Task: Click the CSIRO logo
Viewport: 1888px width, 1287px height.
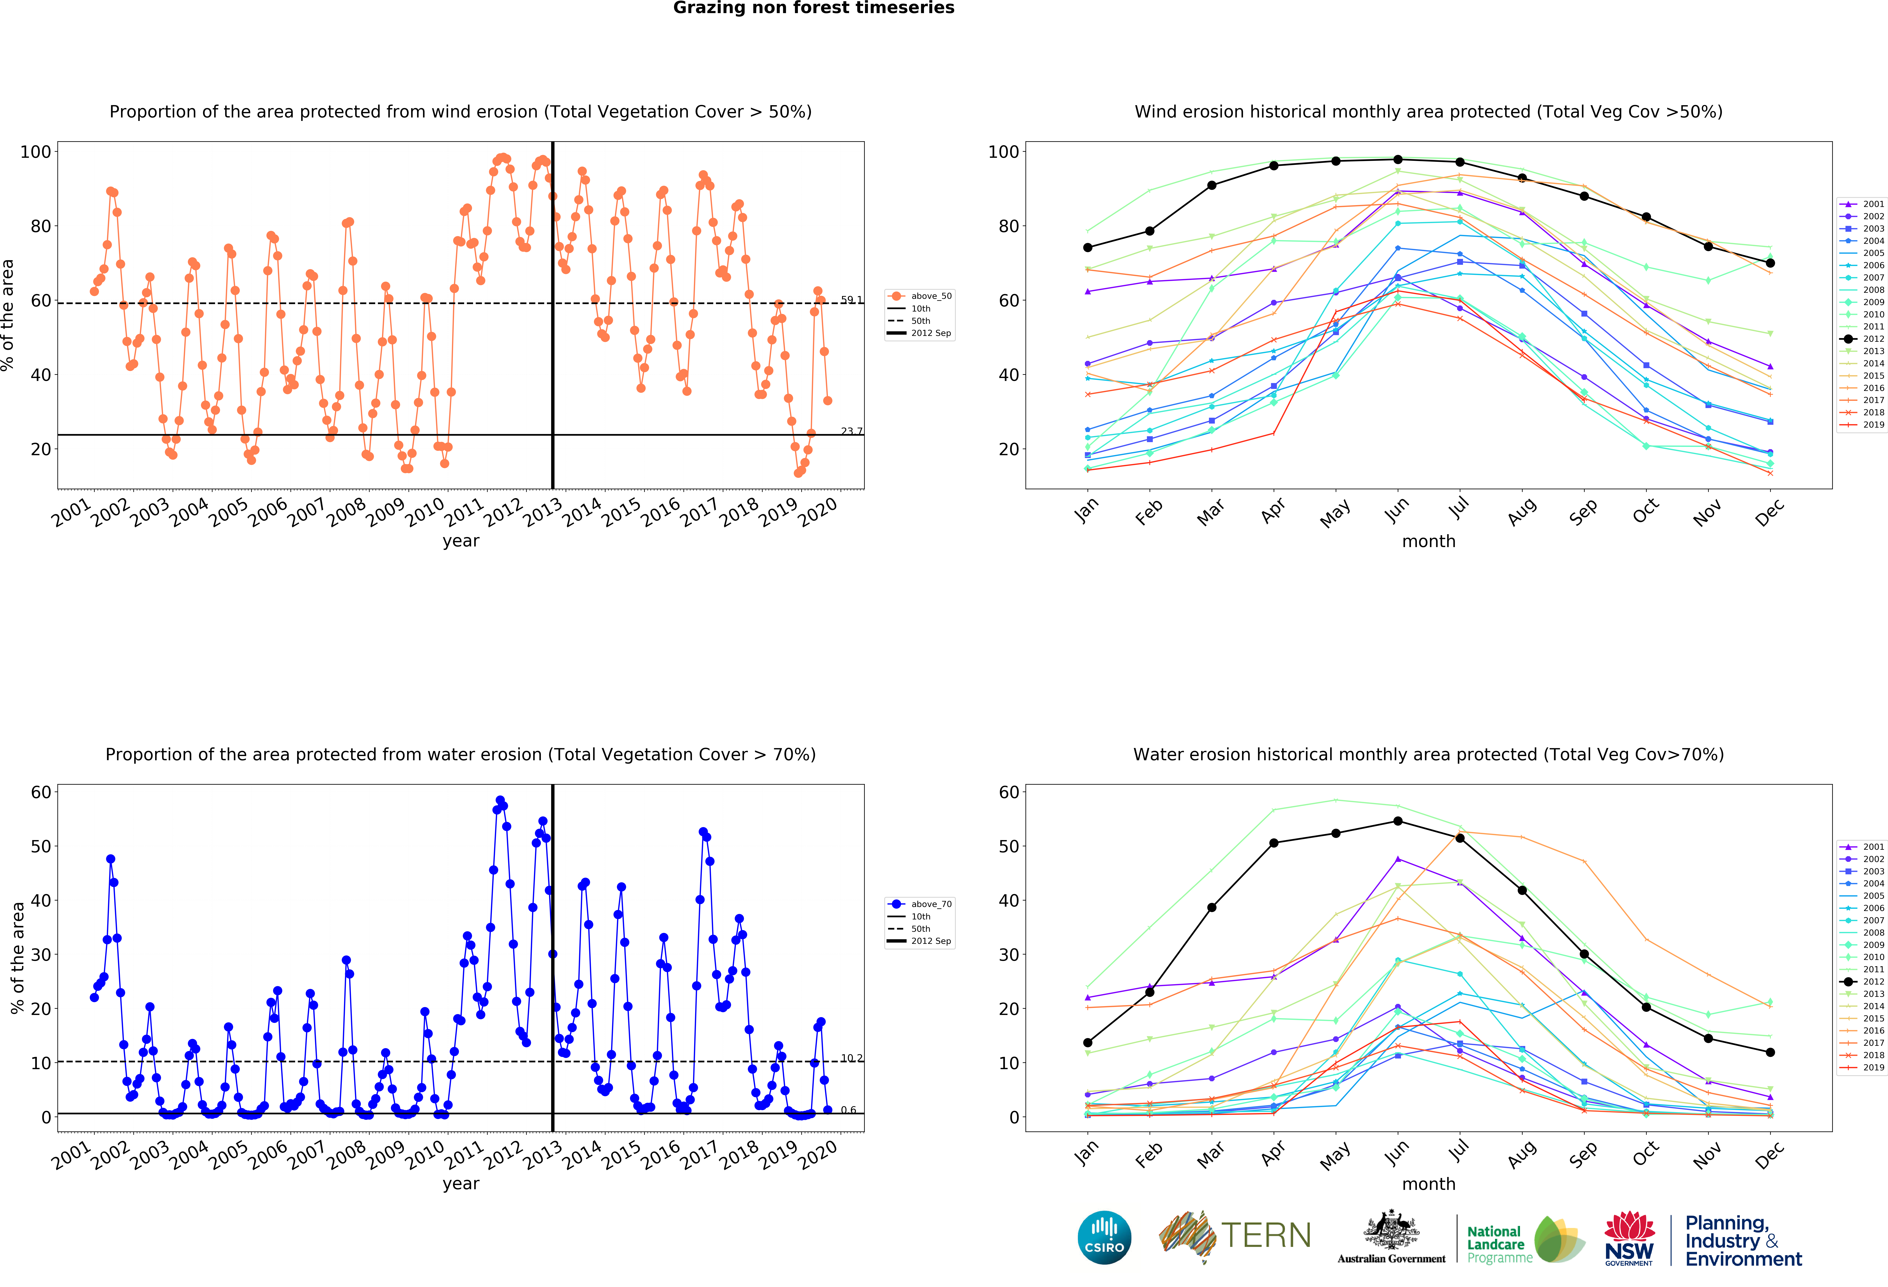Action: tap(1104, 1237)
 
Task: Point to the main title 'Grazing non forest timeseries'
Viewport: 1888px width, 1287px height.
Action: tap(813, 8)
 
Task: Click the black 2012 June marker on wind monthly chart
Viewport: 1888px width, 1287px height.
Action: tap(1397, 159)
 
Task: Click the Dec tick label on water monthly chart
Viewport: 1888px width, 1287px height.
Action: tap(1769, 1154)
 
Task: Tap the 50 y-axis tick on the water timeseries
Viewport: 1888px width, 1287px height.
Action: tap(41, 846)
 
